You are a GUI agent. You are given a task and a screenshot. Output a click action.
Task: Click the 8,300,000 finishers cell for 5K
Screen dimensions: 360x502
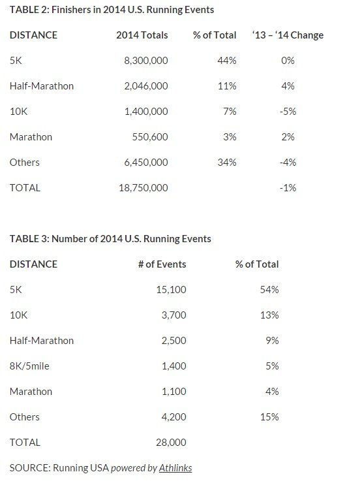pyautogui.click(x=146, y=61)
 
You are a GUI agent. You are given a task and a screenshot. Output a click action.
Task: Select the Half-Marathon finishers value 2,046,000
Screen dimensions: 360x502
pyautogui.click(x=146, y=86)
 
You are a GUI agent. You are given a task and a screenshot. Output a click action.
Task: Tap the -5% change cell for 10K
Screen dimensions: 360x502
pyautogui.click(x=288, y=112)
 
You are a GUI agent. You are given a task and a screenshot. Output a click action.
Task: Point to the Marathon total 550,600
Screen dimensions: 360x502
pyautogui.click(x=150, y=137)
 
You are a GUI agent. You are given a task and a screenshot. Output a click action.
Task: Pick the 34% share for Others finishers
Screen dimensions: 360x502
pyautogui.click(x=227, y=163)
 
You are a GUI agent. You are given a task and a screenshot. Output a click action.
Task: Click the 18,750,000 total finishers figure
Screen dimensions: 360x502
pyautogui.click(x=143, y=188)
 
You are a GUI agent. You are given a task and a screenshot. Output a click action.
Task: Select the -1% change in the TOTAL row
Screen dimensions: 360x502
pyautogui.click(x=288, y=187)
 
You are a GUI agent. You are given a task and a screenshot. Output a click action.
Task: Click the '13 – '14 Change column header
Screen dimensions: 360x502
pyautogui.click(x=288, y=35)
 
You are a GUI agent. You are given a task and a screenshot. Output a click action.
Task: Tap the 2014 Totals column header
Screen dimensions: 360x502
pyautogui.click(x=142, y=35)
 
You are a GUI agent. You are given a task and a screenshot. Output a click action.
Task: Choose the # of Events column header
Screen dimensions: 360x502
pyautogui.click(x=162, y=264)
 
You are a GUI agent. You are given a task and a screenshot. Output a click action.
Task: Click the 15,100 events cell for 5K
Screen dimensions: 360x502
pyautogui.click(x=171, y=290)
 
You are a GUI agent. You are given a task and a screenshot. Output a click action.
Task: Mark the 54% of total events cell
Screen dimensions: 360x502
pyautogui.click(x=269, y=289)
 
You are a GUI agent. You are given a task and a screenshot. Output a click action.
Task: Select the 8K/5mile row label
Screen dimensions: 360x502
pyautogui.click(x=29, y=366)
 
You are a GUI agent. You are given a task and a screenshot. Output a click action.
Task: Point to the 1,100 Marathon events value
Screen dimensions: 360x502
pyautogui.click(x=174, y=392)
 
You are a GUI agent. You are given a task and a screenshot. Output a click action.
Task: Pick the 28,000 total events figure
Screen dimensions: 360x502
pyautogui.click(x=171, y=443)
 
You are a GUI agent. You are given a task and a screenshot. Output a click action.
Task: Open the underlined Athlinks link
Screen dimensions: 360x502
pyautogui.click(x=175, y=468)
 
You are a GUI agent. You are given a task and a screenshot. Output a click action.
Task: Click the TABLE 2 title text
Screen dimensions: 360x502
pyautogui.click(x=112, y=10)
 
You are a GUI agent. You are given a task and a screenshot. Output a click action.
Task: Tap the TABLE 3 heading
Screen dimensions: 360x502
pyautogui.click(x=110, y=239)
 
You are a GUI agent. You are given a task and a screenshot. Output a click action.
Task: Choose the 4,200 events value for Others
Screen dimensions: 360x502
pyautogui.click(x=174, y=417)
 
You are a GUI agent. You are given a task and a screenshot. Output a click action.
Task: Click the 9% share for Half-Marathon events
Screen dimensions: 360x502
pyautogui.click(x=272, y=340)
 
